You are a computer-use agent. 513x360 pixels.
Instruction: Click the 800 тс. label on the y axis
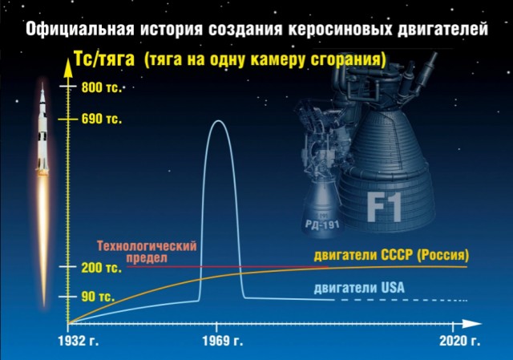point(101,87)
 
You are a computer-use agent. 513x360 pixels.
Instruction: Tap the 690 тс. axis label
point(101,120)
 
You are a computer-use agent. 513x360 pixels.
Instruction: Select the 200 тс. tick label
point(101,267)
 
